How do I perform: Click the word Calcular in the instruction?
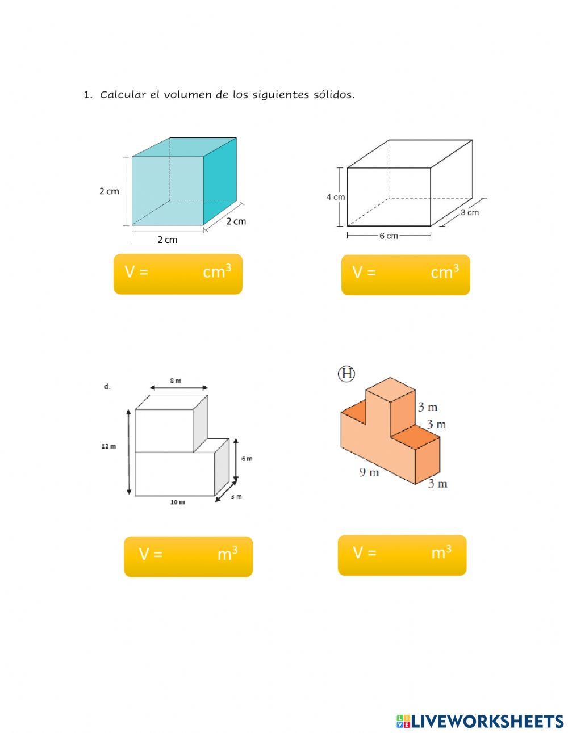click(123, 94)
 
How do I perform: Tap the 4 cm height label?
click(335, 196)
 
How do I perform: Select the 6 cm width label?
click(389, 236)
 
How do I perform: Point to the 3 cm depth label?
click(470, 212)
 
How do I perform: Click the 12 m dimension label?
click(108, 446)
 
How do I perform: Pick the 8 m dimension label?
click(176, 380)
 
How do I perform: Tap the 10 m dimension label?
click(177, 502)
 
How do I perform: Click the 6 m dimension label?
click(247, 459)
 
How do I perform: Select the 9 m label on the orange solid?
click(369, 472)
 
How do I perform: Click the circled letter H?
click(346, 374)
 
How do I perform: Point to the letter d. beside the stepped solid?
click(107, 387)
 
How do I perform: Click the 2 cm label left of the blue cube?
click(109, 191)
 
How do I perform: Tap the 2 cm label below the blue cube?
click(168, 240)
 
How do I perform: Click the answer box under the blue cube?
click(178, 274)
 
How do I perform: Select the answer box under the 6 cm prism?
click(406, 275)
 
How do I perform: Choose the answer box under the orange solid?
click(402, 555)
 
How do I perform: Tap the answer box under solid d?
click(188, 556)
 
